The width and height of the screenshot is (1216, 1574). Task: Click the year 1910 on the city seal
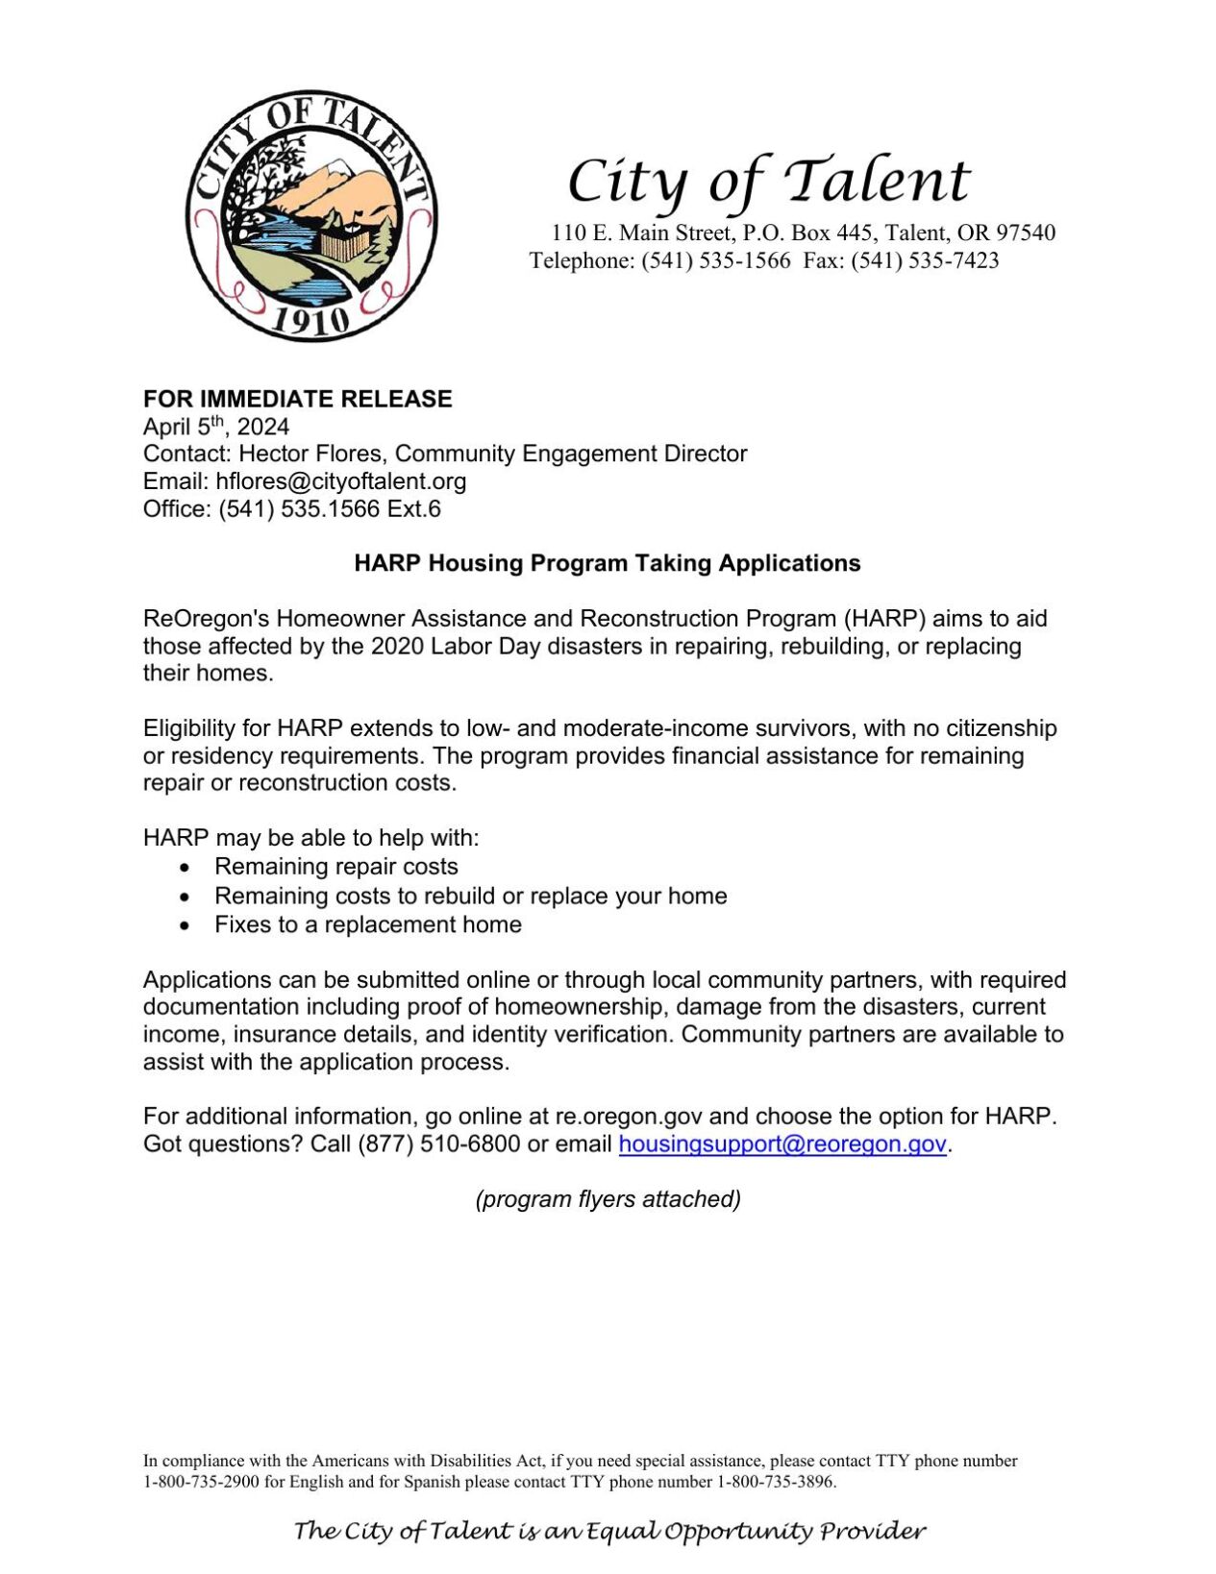coord(310,320)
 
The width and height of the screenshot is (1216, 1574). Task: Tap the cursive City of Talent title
coord(768,180)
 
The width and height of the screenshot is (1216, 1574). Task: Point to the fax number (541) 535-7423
coord(924,260)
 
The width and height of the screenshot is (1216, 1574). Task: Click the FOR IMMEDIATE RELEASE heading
coord(297,399)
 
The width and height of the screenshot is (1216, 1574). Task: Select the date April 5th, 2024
coord(215,427)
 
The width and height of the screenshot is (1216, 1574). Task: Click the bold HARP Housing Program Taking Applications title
coord(607,563)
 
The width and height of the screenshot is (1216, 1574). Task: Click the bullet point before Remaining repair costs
coord(185,867)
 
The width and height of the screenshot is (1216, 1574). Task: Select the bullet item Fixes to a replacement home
coord(367,924)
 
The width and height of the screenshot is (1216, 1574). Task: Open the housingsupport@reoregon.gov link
coord(782,1144)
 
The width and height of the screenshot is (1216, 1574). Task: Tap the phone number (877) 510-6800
coord(438,1144)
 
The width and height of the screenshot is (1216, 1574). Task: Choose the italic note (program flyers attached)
coord(608,1199)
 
